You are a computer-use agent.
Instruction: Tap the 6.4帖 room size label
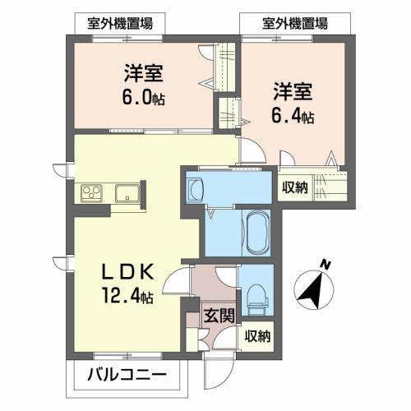(x=293, y=116)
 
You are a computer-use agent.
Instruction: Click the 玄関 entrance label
(x=220, y=314)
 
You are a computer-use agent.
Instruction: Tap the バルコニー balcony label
(x=127, y=378)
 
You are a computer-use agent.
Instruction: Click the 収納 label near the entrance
(x=257, y=335)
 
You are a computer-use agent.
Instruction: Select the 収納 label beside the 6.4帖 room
(x=295, y=187)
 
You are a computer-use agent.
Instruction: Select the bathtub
(x=258, y=231)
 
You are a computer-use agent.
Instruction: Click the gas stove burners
(x=90, y=194)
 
